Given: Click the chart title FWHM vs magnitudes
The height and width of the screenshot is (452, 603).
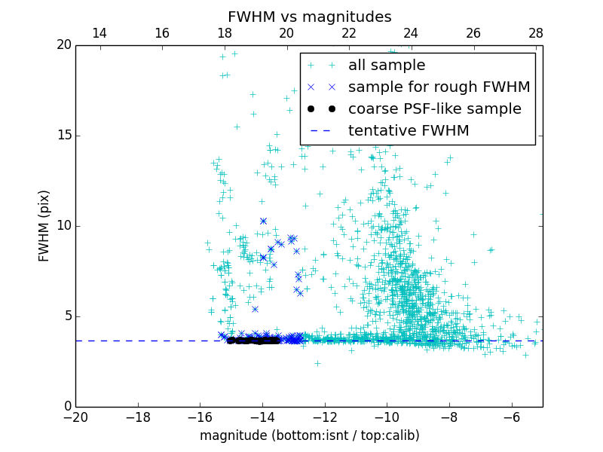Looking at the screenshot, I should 309,17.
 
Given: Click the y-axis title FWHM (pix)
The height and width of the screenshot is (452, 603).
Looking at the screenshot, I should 44,226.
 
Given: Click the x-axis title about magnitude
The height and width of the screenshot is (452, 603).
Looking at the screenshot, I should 309,435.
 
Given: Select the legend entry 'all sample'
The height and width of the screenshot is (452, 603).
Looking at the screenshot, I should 387,66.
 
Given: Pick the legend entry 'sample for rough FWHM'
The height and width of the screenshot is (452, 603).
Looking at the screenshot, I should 439,87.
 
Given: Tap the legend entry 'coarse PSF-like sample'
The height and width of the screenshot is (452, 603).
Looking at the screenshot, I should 434,109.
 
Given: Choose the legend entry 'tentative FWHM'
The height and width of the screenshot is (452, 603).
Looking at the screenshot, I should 409,131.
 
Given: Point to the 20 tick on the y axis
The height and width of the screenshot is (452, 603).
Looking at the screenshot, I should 63,45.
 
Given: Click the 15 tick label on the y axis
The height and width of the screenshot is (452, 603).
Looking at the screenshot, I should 63,136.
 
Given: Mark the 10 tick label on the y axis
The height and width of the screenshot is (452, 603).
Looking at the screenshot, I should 63,226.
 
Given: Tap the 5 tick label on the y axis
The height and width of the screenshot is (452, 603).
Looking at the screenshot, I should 66,316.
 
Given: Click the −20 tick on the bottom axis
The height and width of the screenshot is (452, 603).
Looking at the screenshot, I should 75,417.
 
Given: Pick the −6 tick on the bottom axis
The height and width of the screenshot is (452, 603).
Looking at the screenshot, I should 511,417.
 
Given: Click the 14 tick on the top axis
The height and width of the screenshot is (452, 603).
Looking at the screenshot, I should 99,33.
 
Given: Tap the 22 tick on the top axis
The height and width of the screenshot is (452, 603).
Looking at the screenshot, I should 349,33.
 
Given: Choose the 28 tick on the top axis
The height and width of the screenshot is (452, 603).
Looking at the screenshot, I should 536,33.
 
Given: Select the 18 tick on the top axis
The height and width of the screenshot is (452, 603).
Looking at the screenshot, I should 224,33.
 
